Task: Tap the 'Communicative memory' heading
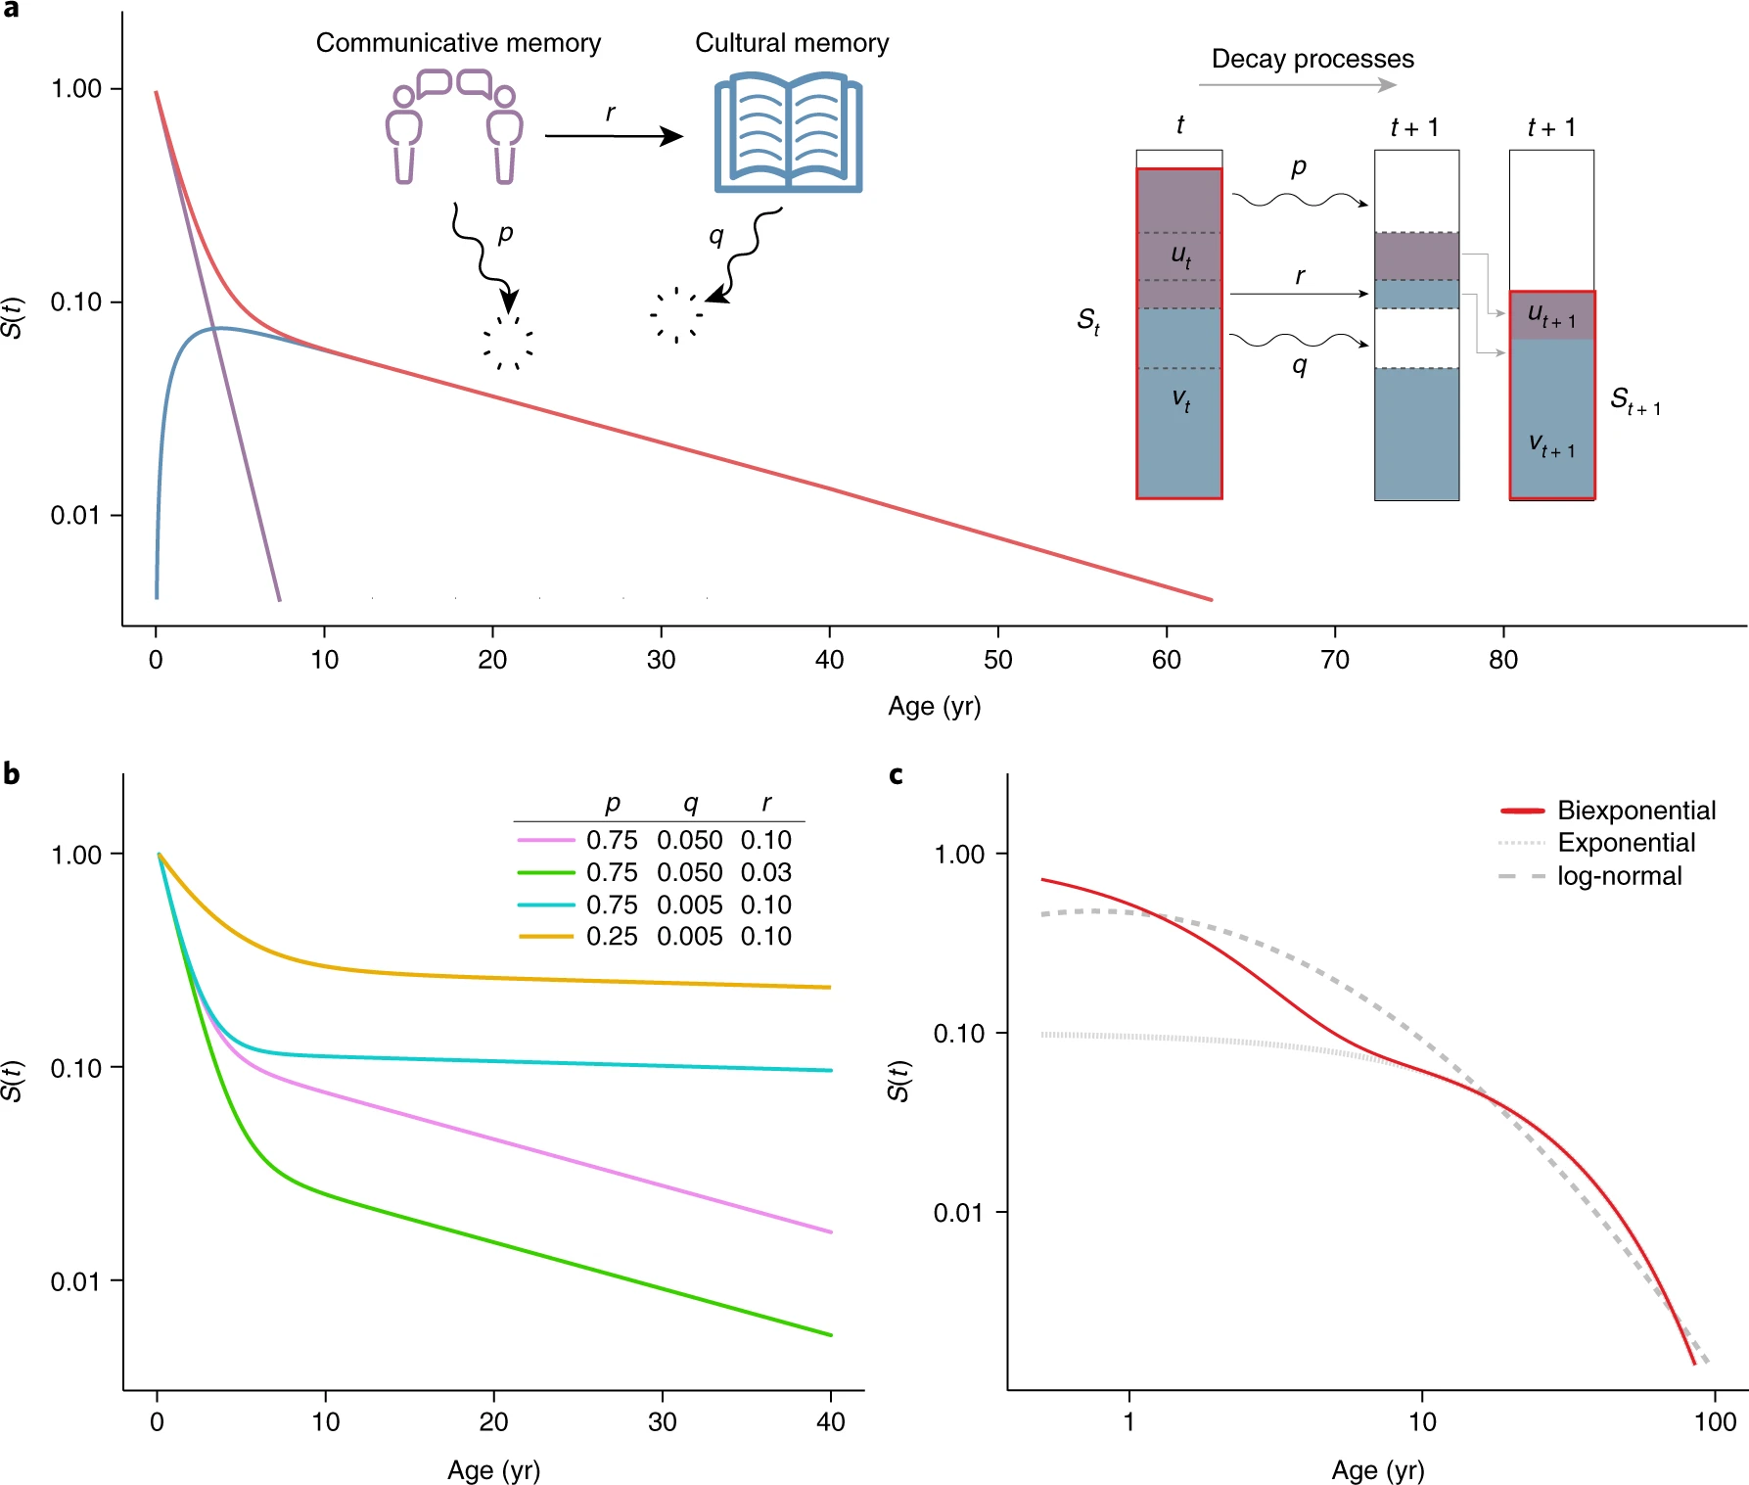tap(458, 43)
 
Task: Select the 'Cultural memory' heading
tap(792, 43)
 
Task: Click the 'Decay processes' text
tap(1312, 59)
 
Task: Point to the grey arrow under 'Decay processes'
tap(1297, 85)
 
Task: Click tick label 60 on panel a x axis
tap(1166, 660)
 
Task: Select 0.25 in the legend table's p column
tap(612, 937)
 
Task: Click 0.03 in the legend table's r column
tap(765, 872)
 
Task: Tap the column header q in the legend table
tap(690, 804)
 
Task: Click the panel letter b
tap(12, 774)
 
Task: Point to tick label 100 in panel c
tap(1715, 1422)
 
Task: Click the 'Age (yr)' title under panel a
tap(934, 706)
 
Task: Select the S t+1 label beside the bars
tap(1634, 400)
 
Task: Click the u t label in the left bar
tap(1181, 256)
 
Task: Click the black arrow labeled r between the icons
tap(614, 136)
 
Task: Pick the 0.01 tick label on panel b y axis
tap(75, 1281)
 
